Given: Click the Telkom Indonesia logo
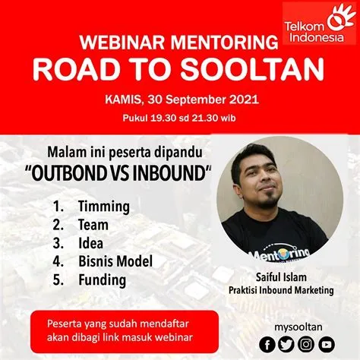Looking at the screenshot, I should click(319, 20).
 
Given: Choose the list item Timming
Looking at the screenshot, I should click(103, 207).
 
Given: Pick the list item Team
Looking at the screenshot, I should click(93, 225).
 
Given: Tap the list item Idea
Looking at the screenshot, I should click(92, 243).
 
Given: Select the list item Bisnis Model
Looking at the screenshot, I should click(115, 261).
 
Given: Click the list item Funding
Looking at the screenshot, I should click(101, 279).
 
